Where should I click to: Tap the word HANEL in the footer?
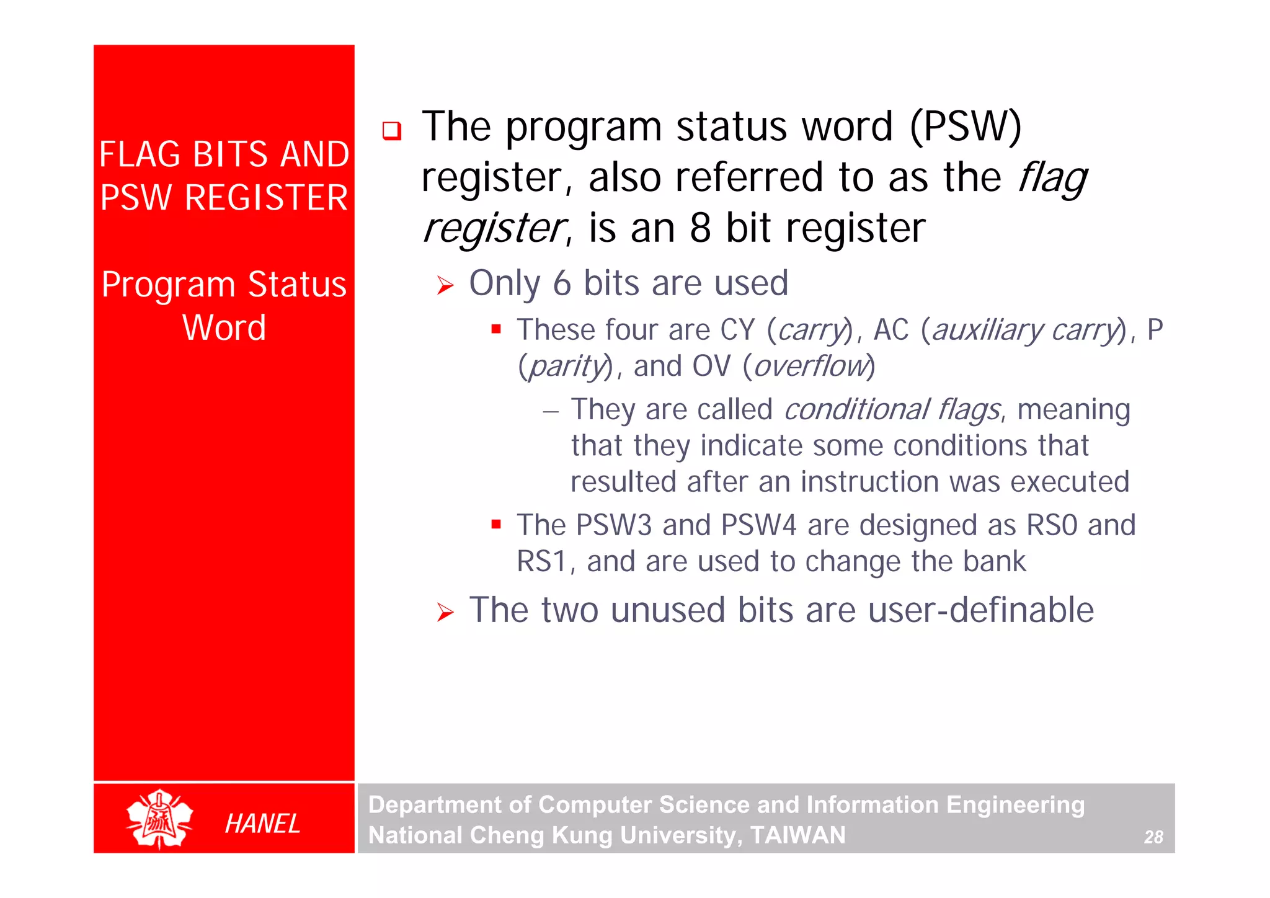[262, 824]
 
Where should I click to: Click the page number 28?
[1153, 837]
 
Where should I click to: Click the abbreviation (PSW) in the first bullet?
[965, 127]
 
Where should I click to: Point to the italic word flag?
[1052, 179]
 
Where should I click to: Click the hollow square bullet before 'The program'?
[392, 131]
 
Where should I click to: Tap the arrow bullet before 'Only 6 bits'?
[445, 285]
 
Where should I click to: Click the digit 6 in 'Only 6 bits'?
[561, 283]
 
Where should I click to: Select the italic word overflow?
[810, 366]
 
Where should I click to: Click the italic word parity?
[566, 366]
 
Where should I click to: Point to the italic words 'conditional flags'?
[892, 410]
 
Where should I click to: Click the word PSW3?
[613, 525]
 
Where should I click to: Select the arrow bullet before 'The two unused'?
[445, 613]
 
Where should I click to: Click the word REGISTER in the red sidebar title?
[266, 198]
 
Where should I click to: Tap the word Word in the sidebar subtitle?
[224, 327]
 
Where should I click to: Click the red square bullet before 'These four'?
[495, 329]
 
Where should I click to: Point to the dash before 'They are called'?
[551, 411]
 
